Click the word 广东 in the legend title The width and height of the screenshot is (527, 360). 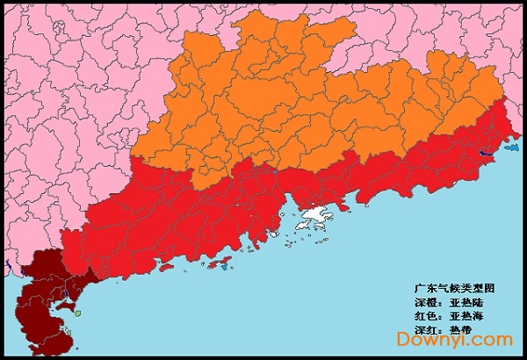[424, 287]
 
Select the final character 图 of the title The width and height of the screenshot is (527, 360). [488, 287]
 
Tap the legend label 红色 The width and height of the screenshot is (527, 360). [424, 315]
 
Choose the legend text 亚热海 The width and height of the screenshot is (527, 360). [466, 315]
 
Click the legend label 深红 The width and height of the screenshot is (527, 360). [424, 329]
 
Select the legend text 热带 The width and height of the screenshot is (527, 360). [460, 329]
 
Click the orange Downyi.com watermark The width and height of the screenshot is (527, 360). [454, 340]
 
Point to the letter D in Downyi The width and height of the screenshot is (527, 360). [403, 340]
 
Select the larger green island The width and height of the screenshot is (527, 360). [77, 313]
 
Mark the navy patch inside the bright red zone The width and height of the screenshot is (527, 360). [486, 155]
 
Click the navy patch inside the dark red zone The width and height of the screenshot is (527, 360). [7, 265]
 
